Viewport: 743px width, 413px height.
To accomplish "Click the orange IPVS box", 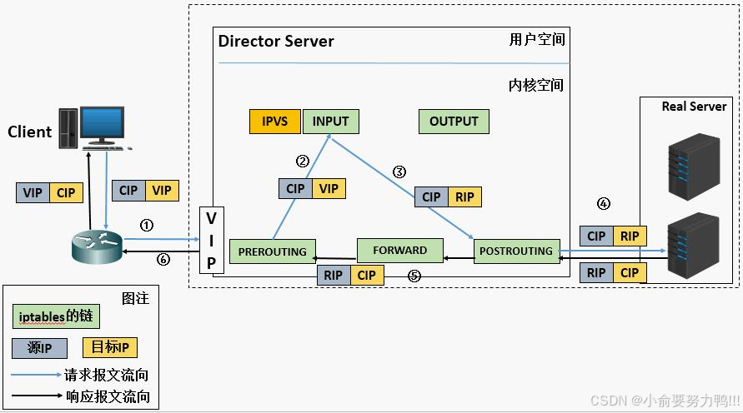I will tap(275, 122).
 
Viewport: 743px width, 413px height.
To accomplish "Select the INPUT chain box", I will tap(330, 122).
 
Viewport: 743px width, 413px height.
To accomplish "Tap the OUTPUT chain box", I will tap(454, 122).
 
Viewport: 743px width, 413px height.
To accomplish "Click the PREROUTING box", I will tap(273, 251).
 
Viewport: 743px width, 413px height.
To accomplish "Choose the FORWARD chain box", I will tap(399, 250).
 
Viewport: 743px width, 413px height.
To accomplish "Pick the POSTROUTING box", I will tap(516, 251).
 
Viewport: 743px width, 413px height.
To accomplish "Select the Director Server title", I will tap(276, 41).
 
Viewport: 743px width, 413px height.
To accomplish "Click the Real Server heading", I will tap(694, 107).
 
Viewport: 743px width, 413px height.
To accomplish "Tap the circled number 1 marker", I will tap(147, 225).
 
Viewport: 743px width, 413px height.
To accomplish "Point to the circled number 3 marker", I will tap(399, 172).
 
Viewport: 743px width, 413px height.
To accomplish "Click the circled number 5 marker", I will tap(413, 275).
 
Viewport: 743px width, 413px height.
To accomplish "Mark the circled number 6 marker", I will tap(163, 259).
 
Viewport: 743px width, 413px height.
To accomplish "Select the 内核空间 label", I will tap(536, 85).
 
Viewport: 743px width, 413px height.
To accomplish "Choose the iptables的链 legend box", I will tap(56, 316).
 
